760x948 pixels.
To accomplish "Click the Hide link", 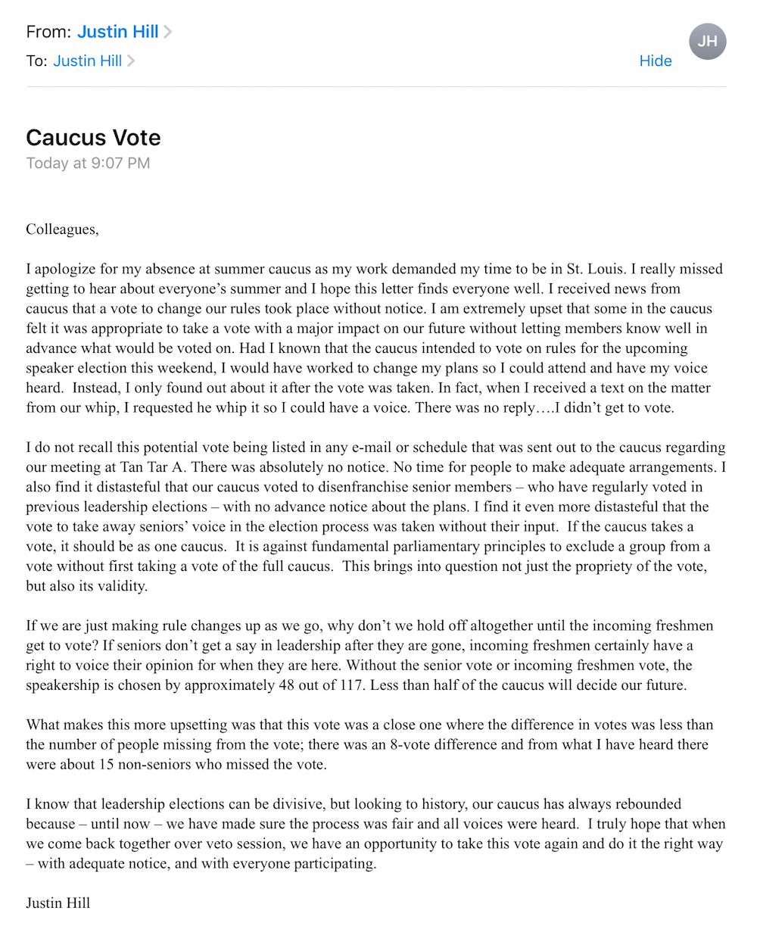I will tap(655, 61).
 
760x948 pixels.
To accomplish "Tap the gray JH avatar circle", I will tap(708, 41).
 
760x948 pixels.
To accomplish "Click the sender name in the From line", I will tap(118, 32).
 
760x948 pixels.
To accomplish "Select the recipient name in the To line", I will tap(88, 61).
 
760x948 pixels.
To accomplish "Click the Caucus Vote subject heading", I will tap(93, 137).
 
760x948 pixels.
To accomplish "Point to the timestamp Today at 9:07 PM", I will tap(88, 164).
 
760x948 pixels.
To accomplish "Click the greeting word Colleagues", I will tap(61, 229).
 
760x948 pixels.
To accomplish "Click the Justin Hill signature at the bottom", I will tap(58, 903).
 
